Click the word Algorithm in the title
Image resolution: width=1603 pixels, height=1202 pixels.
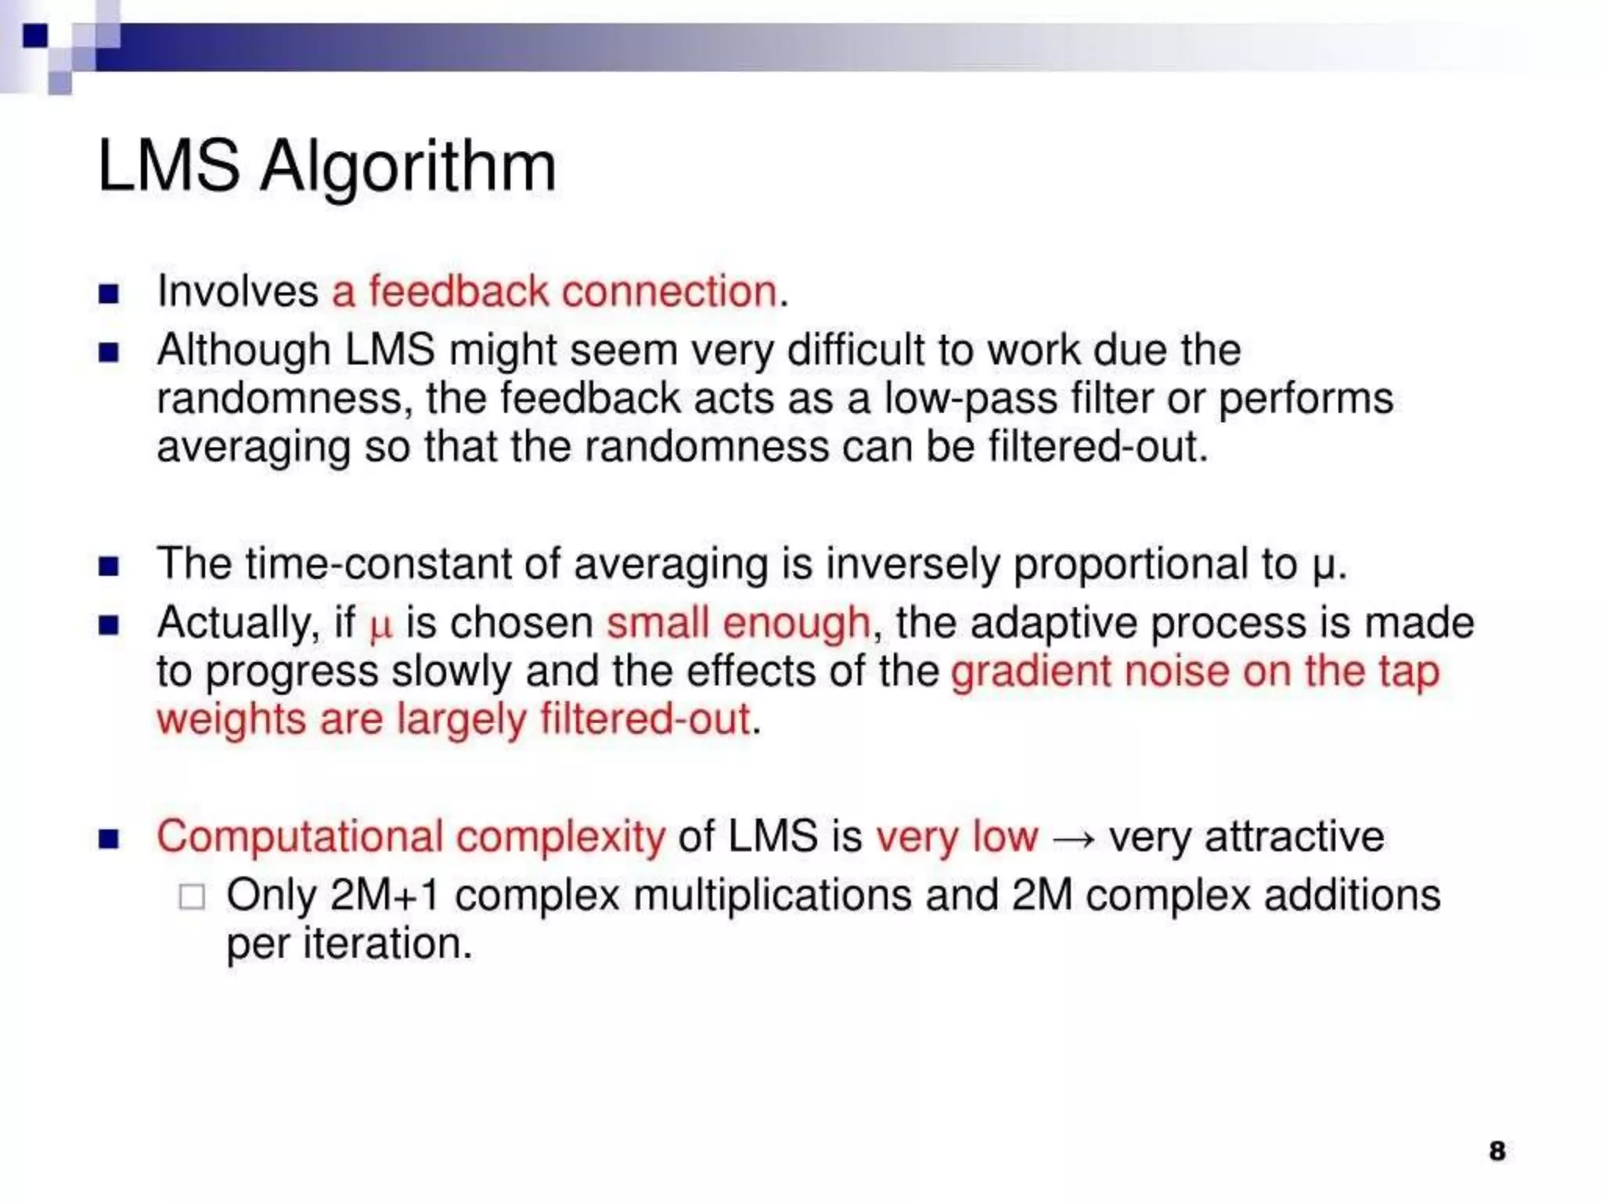click(408, 168)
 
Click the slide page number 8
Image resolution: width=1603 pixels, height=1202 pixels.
click(1497, 1151)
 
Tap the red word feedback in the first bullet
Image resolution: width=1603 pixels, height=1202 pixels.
click(459, 292)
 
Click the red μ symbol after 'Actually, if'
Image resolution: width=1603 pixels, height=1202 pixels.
click(380, 626)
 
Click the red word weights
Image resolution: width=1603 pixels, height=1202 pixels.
click(231, 720)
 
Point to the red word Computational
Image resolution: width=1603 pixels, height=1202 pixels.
click(300, 837)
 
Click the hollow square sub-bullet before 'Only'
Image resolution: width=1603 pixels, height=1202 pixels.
click(192, 897)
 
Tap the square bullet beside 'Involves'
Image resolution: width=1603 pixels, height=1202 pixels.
click(109, 294)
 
